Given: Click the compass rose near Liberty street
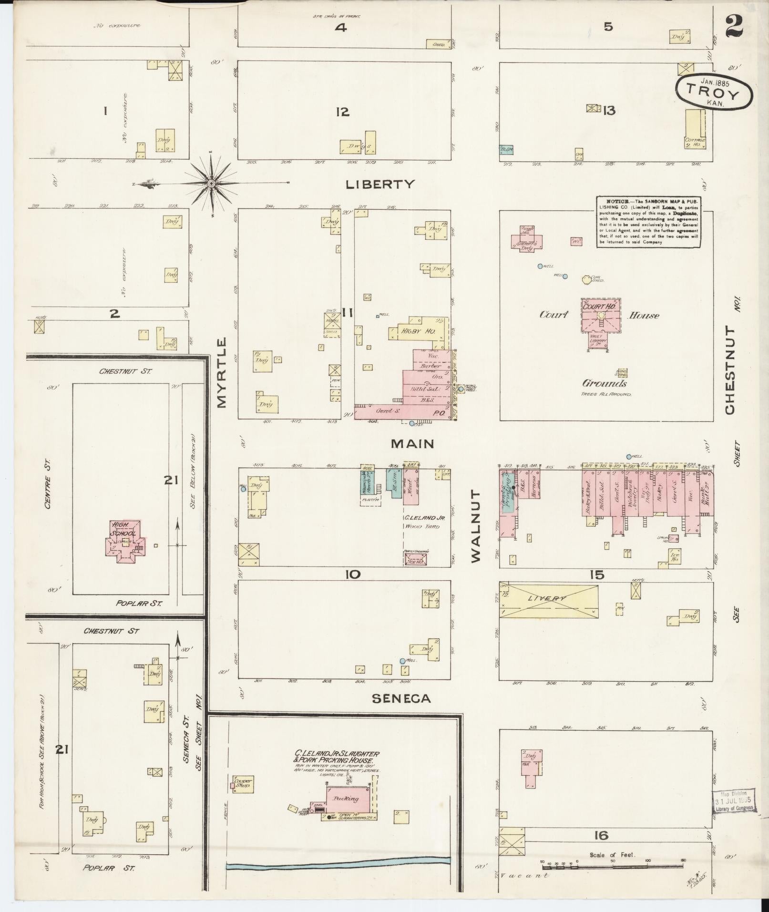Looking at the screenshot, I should click(x=211, y=183).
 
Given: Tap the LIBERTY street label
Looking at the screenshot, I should click(x=380, y=184).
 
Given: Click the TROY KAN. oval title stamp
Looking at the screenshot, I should click(x=714, y=92).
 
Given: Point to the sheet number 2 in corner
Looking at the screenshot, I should click(x=734, y=26).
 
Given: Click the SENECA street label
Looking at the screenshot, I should click(x=401, y=698).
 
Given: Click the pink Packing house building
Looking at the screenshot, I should click(x=348, y=799).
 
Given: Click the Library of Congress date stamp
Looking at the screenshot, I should click(x=734, y=802).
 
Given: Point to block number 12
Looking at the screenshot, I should click(x=342, y=112).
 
